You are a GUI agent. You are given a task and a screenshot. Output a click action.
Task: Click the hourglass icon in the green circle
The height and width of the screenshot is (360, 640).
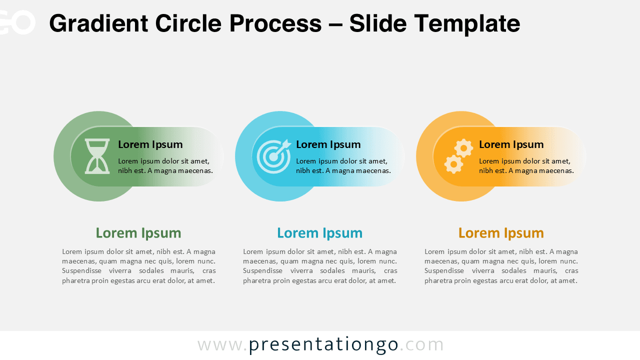97,156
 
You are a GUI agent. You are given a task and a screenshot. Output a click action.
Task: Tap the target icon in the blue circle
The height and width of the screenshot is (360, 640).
273,156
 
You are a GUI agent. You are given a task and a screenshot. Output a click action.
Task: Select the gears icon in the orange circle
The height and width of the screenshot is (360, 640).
458,156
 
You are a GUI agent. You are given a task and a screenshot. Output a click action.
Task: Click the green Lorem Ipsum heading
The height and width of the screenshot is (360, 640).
138,233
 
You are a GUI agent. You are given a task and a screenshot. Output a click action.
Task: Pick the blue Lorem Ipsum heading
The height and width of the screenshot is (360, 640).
319,233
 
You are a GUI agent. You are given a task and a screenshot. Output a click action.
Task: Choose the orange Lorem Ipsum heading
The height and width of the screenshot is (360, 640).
501,233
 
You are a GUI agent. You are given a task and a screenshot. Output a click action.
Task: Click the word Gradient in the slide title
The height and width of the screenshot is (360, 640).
98,23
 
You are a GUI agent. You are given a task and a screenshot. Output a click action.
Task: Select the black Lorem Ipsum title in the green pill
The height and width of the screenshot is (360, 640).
150,144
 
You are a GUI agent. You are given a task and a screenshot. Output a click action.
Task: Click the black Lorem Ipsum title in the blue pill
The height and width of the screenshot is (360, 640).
328,144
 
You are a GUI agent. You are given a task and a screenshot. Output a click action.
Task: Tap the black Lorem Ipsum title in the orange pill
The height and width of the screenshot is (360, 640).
511,144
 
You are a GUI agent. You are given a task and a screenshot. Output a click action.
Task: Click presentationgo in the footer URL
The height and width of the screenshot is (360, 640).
323,344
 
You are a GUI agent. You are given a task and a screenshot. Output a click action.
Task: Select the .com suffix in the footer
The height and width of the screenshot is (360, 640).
421,344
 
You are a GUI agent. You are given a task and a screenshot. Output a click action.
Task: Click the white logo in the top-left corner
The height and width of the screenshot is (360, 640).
17,22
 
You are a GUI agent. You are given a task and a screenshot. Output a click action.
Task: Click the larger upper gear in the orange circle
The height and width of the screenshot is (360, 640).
464,148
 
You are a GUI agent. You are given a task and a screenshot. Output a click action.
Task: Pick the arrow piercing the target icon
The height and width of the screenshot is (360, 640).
283,146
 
